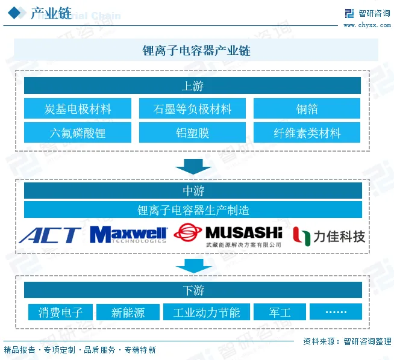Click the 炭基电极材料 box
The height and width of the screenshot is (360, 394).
click(x=78, y=109)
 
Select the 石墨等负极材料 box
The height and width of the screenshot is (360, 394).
click(x=192, y=109)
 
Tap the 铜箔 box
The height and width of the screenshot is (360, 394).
click(x=307, y=109)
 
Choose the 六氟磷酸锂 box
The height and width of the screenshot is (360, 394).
click(x=78, y=132)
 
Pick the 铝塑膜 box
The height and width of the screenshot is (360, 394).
click(x=192, y=132)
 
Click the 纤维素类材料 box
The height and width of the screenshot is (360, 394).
click(x=307, y=132)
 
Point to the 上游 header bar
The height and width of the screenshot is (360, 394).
click(x=192, y=85)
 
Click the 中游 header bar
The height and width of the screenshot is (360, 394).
click(x=193, y=191)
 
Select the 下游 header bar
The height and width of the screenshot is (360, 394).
click(x=193, y=290)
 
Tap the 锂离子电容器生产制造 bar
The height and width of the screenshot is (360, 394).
click(x=193, y=210)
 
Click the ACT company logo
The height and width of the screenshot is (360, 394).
click(x=49, y=235)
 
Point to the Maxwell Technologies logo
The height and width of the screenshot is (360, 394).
click(x=128, y=235)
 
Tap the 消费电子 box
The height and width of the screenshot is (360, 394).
click(x=60, y=312)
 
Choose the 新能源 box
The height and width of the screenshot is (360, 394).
click(x=128, y=312)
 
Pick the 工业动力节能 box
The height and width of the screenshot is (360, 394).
click(x=206, y=312)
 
